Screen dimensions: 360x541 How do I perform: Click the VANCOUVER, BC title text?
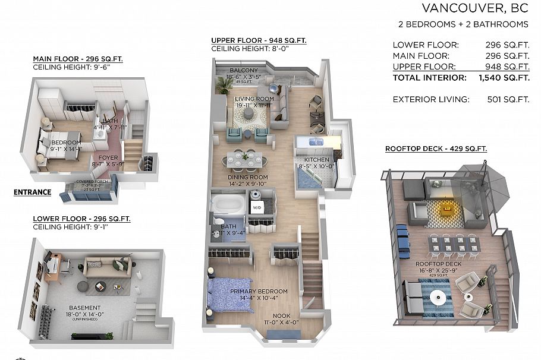tap(474, 8)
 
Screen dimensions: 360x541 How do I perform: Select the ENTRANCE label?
tap(32, 192)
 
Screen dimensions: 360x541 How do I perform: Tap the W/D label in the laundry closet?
tap(257, 207)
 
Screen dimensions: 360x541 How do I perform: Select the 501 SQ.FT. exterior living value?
tap(507, 99)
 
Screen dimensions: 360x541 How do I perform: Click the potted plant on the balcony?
tap(224, 85)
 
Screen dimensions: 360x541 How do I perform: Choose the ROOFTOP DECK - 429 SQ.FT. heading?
tap(436, 149)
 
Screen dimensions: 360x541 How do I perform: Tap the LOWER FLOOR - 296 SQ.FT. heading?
tap(81, 219)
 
